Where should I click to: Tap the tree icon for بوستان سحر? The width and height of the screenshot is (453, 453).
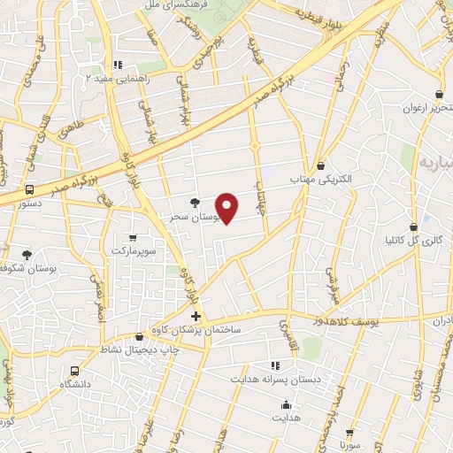pyautogui.click(x=196, y=203)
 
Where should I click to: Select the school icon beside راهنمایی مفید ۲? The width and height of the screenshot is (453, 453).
pyautogui.click(x=117, y=65)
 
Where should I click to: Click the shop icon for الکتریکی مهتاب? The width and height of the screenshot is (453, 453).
pyautogui.click(x=320, y=165)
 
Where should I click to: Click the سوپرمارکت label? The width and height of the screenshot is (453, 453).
pyautogui.click(x=133, y=252)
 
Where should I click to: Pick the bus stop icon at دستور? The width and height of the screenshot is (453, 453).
pyautogui.click(x=31, y=189)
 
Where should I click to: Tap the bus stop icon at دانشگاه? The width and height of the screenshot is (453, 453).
pyautogui.click(x=74, y=371)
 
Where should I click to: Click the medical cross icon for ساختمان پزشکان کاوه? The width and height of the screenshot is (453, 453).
pyautogui.click(x=196, y=316)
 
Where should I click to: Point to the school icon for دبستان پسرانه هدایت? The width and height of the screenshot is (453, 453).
pyautogui.click(x=275, y=365)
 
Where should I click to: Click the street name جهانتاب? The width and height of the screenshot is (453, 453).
pyautogui.click(x=261, y=188)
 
